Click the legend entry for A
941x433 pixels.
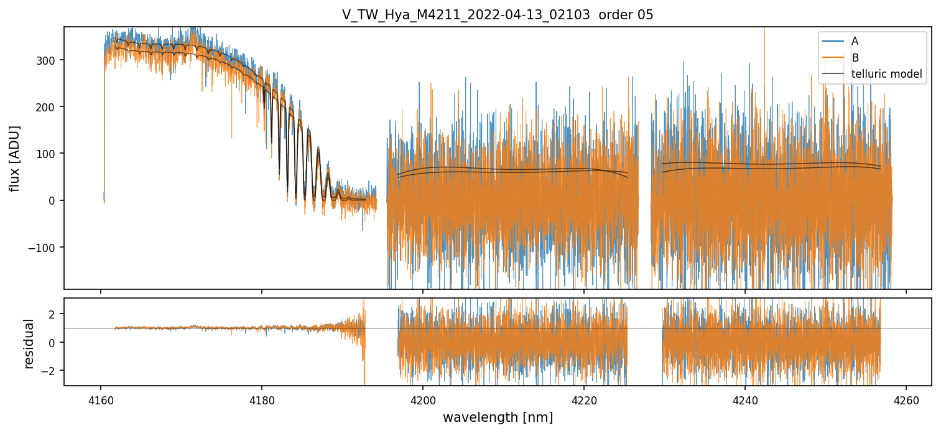coord(855,41)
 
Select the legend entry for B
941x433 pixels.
coord(855,58)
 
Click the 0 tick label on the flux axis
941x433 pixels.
coord(55,200)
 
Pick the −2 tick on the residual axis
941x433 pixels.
coord(51,371)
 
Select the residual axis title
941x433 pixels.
coord(29,343)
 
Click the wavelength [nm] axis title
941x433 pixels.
coord(498,417)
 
